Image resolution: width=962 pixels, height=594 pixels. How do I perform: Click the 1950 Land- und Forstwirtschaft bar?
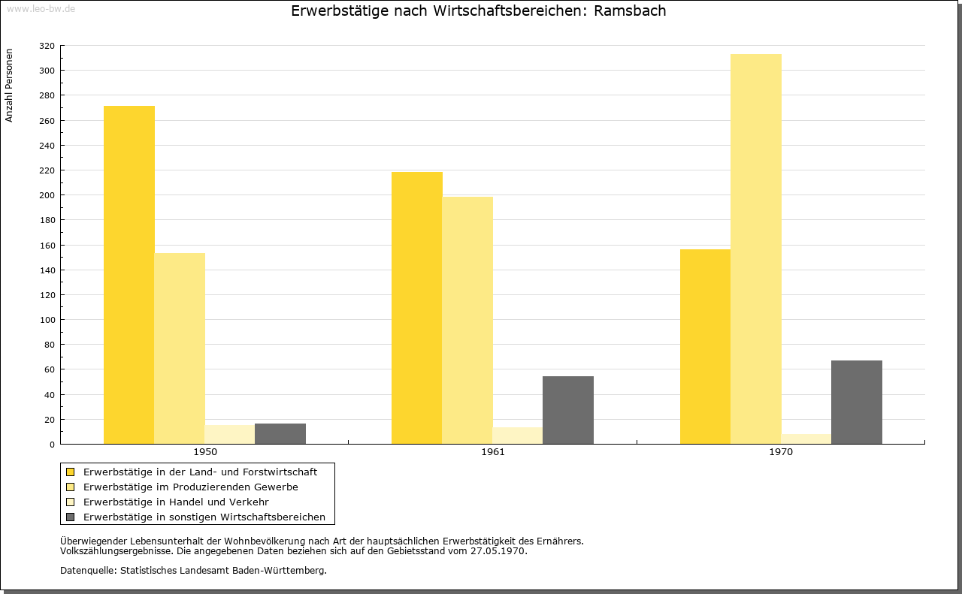coord(129,275)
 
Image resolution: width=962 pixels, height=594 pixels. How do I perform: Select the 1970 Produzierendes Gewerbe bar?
coord(756,249)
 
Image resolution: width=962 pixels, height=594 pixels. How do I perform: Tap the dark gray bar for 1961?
coord(568,410)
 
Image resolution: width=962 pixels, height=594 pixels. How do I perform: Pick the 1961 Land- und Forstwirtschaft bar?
coord(417,308)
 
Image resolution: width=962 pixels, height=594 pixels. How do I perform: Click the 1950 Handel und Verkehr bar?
coord(230,434)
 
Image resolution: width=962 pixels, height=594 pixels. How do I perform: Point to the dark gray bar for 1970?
coord(857,403)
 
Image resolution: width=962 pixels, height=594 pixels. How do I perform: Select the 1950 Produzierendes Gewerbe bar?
coord(180,348)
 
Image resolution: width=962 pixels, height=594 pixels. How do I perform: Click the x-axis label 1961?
coord(493,452)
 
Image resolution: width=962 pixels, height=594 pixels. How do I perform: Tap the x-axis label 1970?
coord(781,452)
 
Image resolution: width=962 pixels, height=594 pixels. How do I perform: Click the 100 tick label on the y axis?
coord(47,320)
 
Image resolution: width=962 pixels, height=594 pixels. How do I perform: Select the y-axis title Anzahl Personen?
coord(9,86)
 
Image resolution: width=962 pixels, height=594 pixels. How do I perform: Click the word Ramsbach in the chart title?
coord(630,11)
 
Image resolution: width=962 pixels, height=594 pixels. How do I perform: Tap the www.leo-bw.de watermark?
coord(41,8)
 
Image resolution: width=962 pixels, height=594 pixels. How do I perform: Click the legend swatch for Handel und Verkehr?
coord(70,502)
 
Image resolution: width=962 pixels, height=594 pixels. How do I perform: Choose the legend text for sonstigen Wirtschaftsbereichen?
coord(204,517)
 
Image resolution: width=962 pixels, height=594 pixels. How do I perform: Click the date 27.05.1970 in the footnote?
coord(498,551)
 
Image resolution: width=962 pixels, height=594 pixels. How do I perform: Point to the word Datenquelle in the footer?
coord(88,571)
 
